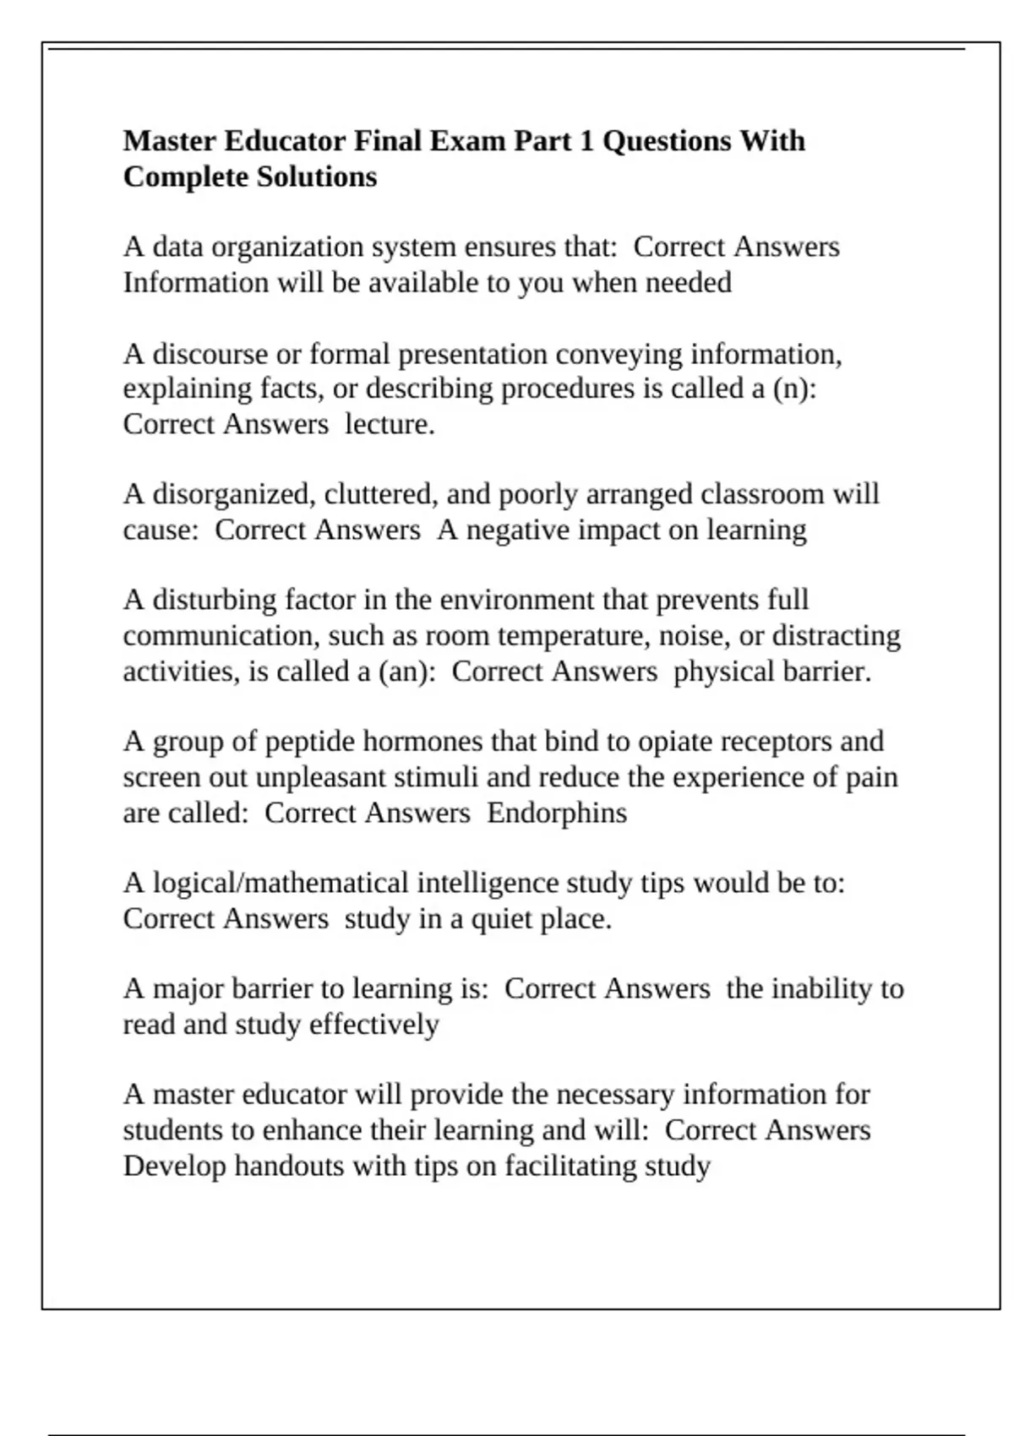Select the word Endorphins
click(x=557, y=813)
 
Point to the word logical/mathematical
click(x=281, y=884)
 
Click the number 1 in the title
click(x=586, y=140)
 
